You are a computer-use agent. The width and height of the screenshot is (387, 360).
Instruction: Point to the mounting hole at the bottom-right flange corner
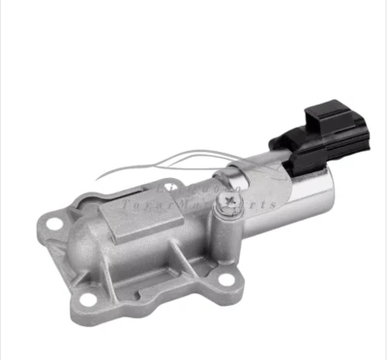(227, 282)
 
